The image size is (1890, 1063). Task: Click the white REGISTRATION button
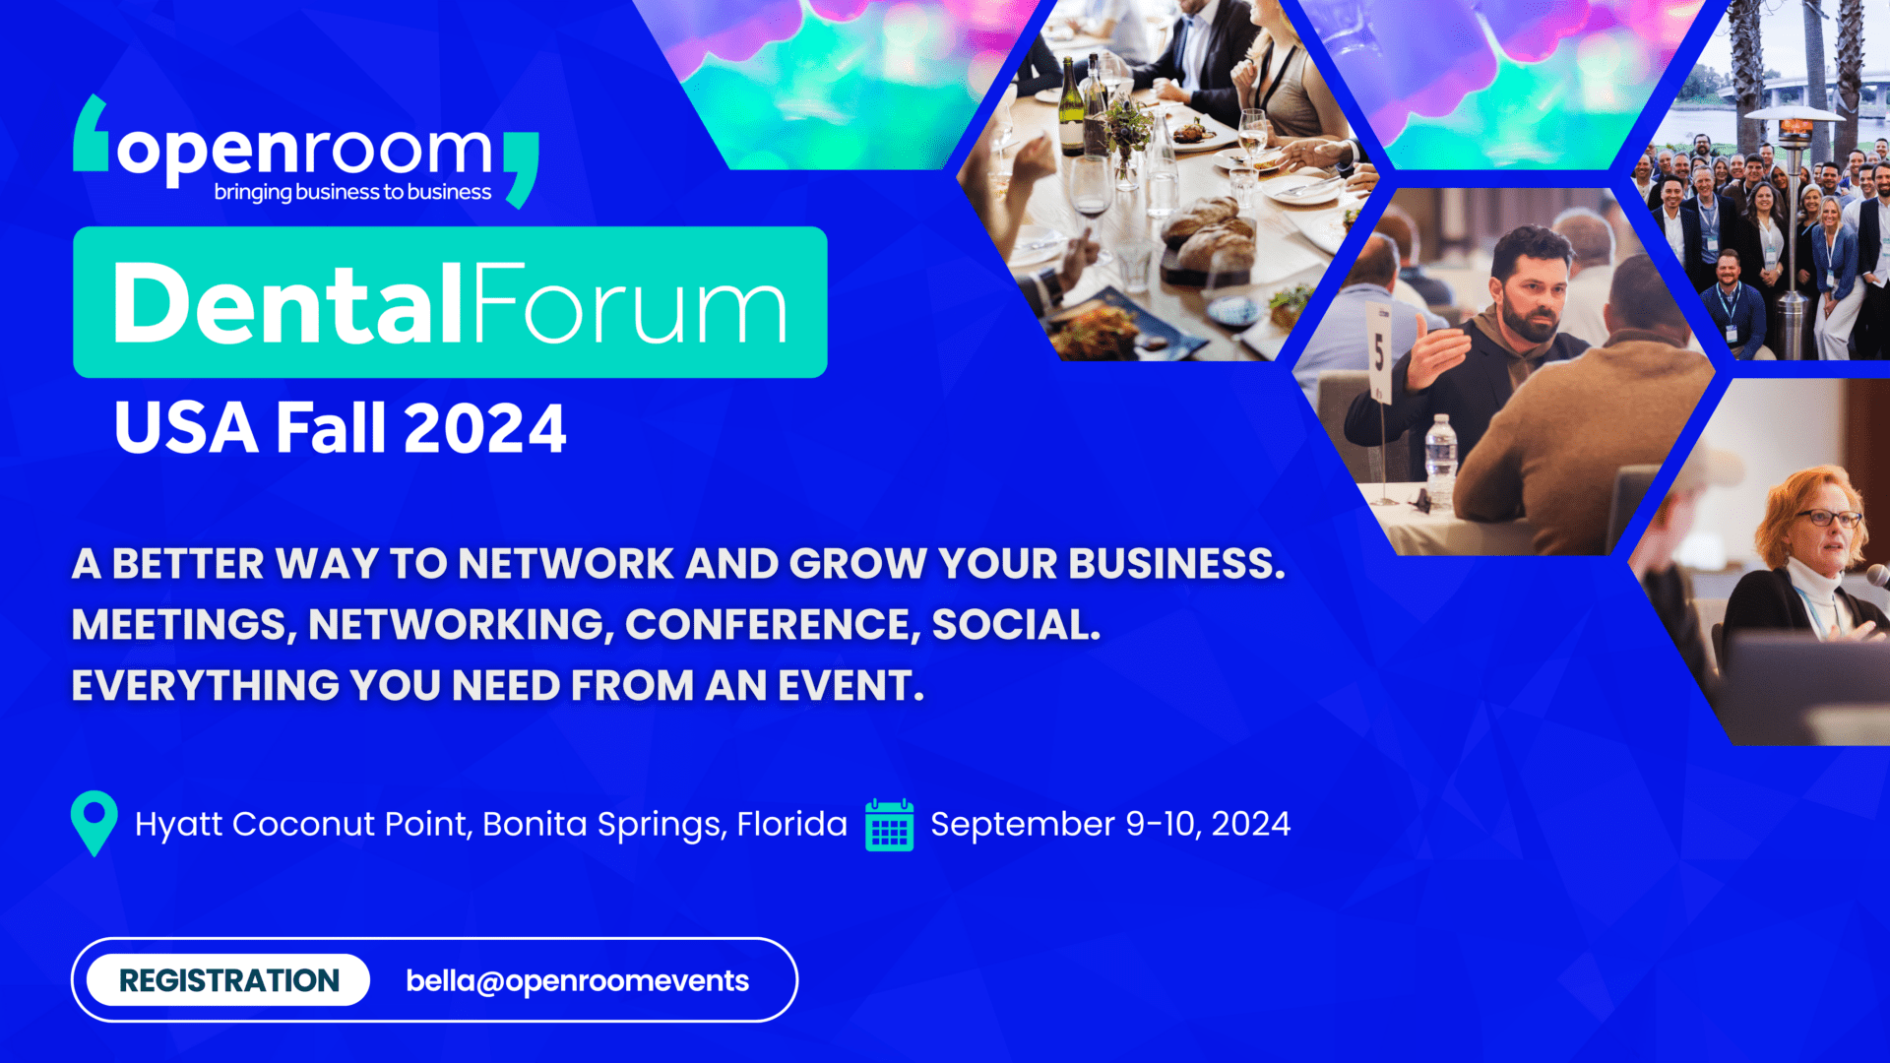(x=228, y=980)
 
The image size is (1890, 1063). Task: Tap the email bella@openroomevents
(x=578, y=981)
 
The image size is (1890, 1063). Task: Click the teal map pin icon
(x=94, y=823)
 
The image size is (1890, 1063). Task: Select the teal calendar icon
(x=889, y=825)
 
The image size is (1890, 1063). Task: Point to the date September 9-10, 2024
(x=1110, y=824)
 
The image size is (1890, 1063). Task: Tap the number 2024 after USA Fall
(x=484, y=428)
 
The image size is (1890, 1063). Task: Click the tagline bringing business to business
(x=352, y=192)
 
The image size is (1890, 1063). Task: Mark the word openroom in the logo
(x=304, y=153)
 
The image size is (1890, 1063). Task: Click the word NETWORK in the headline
(x=566, y=564)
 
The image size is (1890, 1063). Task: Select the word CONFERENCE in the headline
(x=773, y=625)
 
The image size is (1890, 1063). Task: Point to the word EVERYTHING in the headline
(x=205, y=686)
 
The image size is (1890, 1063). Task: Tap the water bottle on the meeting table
(x=1440, y=459)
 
